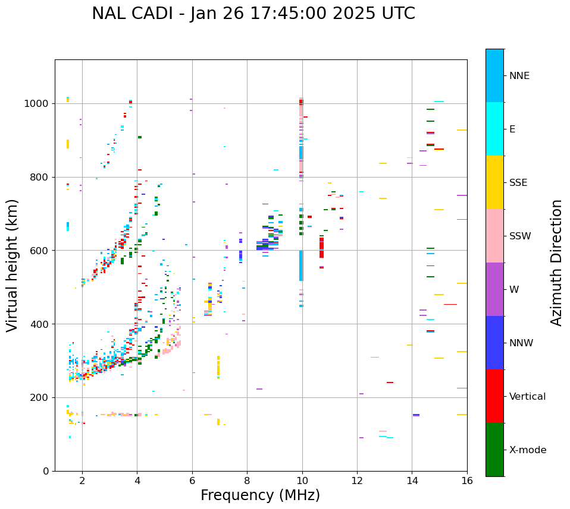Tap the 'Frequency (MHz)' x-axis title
260,495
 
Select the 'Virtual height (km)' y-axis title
12,265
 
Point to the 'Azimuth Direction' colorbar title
556,263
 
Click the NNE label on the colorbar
519,76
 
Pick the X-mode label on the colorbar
527,450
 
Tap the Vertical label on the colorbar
527,397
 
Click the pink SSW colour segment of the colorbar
494,236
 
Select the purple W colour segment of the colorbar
494,289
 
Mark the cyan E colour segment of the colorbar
494,129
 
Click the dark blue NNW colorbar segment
494,343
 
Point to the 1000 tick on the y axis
37,104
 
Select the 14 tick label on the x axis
412,480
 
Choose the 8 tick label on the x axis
247,480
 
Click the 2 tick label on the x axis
82,480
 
